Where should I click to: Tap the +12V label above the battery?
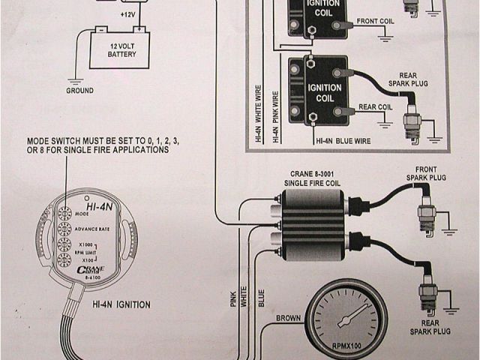129,14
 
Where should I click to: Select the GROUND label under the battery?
79,91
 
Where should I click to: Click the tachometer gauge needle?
348,315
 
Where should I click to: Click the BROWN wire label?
288,318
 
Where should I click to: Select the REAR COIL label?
377,106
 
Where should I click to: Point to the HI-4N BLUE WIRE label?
344,139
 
